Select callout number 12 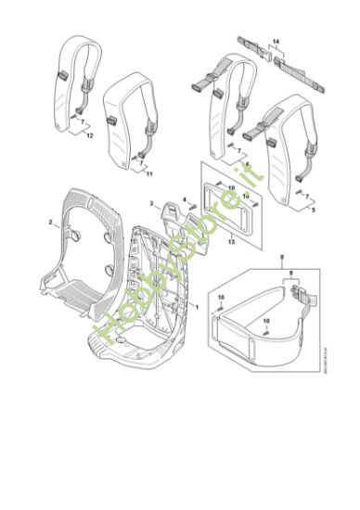(89, 136)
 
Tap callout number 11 (150, 173)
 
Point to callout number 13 (231, 240)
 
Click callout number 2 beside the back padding (49, 223)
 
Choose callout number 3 (152, 202)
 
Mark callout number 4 (185, 199)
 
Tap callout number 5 (314, 211)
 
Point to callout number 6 (247, 164)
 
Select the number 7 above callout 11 (144, 159)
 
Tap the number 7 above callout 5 (309, 198)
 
